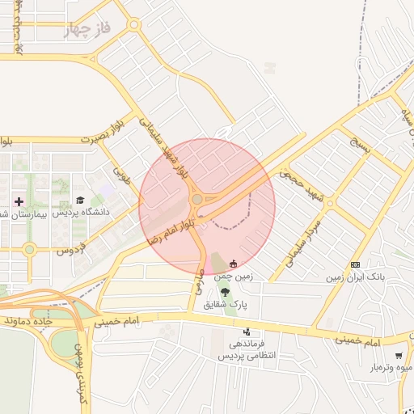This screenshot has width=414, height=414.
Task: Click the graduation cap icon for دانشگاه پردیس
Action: pos(79,200)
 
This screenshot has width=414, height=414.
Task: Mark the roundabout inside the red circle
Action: pos(197,200)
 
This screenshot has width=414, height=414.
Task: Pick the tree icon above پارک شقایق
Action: pos(225,292)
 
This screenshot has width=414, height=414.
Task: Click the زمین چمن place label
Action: pos(234,277)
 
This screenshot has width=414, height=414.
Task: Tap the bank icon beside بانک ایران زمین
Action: pos(355,264)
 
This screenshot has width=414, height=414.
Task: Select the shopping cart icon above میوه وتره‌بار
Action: pos(399,356)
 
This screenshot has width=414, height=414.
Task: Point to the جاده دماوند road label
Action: pos(53,321)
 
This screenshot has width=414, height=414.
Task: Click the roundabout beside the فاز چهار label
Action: pos(134,25)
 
